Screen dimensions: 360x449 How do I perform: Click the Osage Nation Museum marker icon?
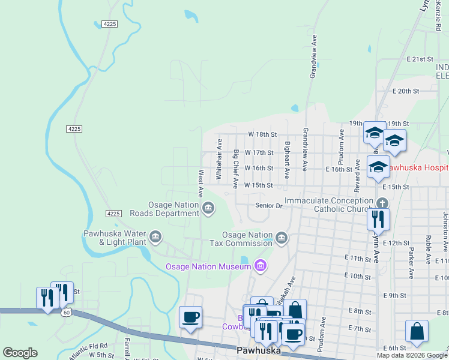[x=260, y=265]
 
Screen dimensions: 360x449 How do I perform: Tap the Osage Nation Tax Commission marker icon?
[x=281, y=238]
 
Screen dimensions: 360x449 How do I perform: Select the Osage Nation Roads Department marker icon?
[x=208, y=208]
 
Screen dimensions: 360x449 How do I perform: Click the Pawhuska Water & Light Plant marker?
[x=155, y=237]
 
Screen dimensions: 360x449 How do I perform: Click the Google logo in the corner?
[x=20, y=353]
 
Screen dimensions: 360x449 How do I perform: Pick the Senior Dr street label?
[x=268, y=206]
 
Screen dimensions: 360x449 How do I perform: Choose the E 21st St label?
[x=420, y=59]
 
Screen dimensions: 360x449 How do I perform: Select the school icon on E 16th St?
[x=379, y=168]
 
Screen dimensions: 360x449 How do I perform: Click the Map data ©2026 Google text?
[x=412, y=356]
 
